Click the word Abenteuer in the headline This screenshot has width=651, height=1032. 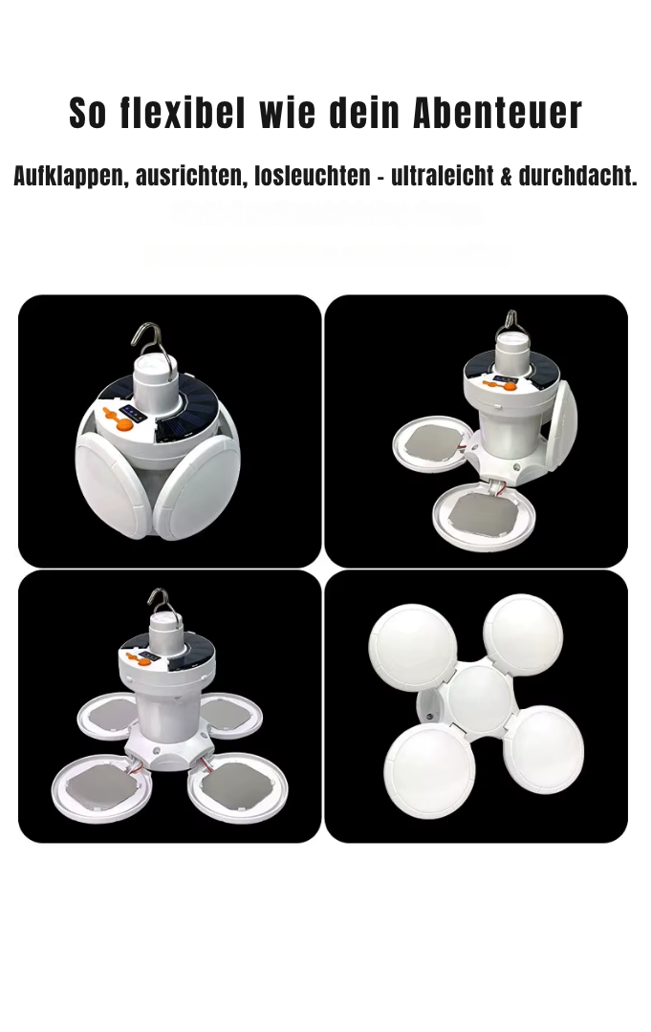(x=497, y=114)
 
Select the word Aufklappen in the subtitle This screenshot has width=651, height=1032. (x=68, y=176)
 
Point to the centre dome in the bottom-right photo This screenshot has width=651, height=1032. (x=479, y=698)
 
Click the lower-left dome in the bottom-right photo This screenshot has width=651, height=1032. (x=429, y=770)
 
